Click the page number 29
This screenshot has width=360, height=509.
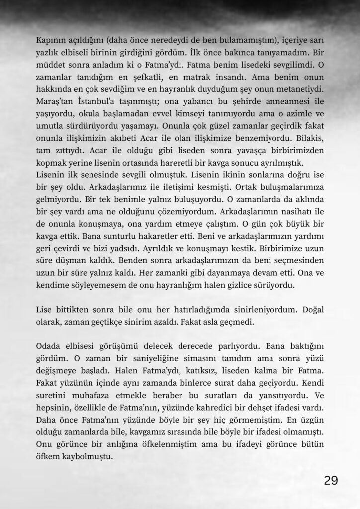click(x=331, y=480)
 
